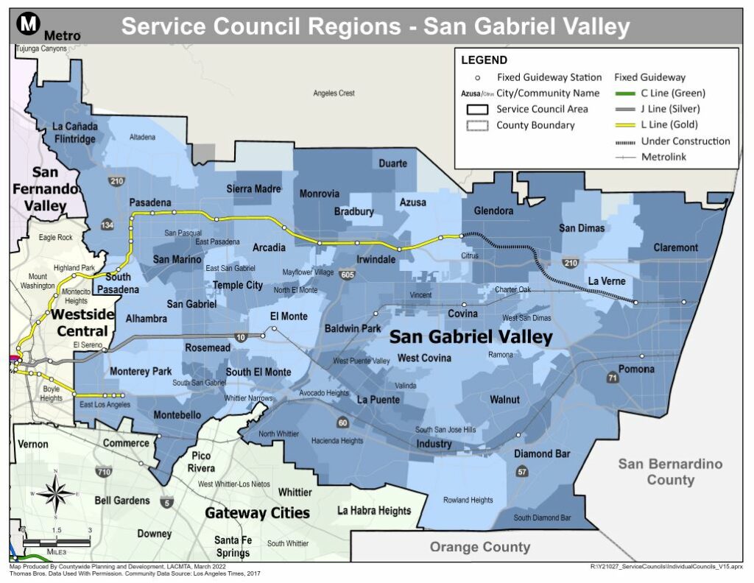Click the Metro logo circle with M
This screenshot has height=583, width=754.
tap(29, 24)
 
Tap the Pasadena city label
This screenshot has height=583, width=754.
tap(150, 202)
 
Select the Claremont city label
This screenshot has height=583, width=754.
tap(675, 247)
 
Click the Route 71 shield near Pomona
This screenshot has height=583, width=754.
tap(612, 378)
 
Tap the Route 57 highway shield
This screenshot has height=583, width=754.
tap(521, 471)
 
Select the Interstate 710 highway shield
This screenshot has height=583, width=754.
tap(104, 471)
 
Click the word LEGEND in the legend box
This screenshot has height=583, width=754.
tap(485, 60)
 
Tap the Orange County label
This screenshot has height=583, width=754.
tap(479, 547)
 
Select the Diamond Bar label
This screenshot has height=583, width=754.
tap(542, 454)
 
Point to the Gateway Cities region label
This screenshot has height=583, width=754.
tap(257, 513)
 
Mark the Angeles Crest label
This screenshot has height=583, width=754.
tap(334, 93)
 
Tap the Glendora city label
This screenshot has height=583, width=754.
tap(493, 211)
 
